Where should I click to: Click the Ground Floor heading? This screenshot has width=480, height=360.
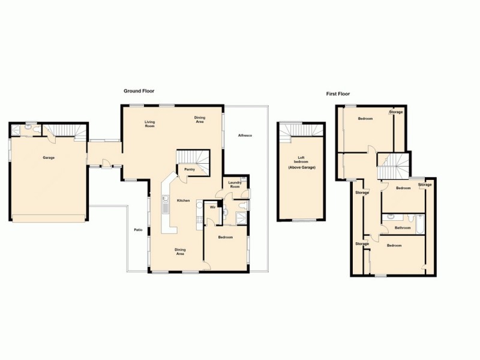pos(139,91)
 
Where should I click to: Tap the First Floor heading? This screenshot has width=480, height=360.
pos(338,94)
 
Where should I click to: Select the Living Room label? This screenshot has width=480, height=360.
pos(149,124)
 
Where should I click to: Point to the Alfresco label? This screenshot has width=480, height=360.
pos(245,136)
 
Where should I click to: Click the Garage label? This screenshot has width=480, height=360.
pos(49,158)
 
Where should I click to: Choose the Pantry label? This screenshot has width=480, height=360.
pos(190,170)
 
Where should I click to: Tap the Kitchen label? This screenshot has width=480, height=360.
pos(183,200)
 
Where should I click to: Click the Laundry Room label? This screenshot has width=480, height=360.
pos(234,184)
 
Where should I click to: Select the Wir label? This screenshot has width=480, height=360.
pos(212,208)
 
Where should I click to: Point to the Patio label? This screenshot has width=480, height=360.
pos(137,230)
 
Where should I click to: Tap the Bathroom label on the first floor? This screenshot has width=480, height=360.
pos(402,228)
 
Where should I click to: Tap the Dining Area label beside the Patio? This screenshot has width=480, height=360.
pos(180,251)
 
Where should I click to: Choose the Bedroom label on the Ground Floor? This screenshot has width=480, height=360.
pos(226,238)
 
